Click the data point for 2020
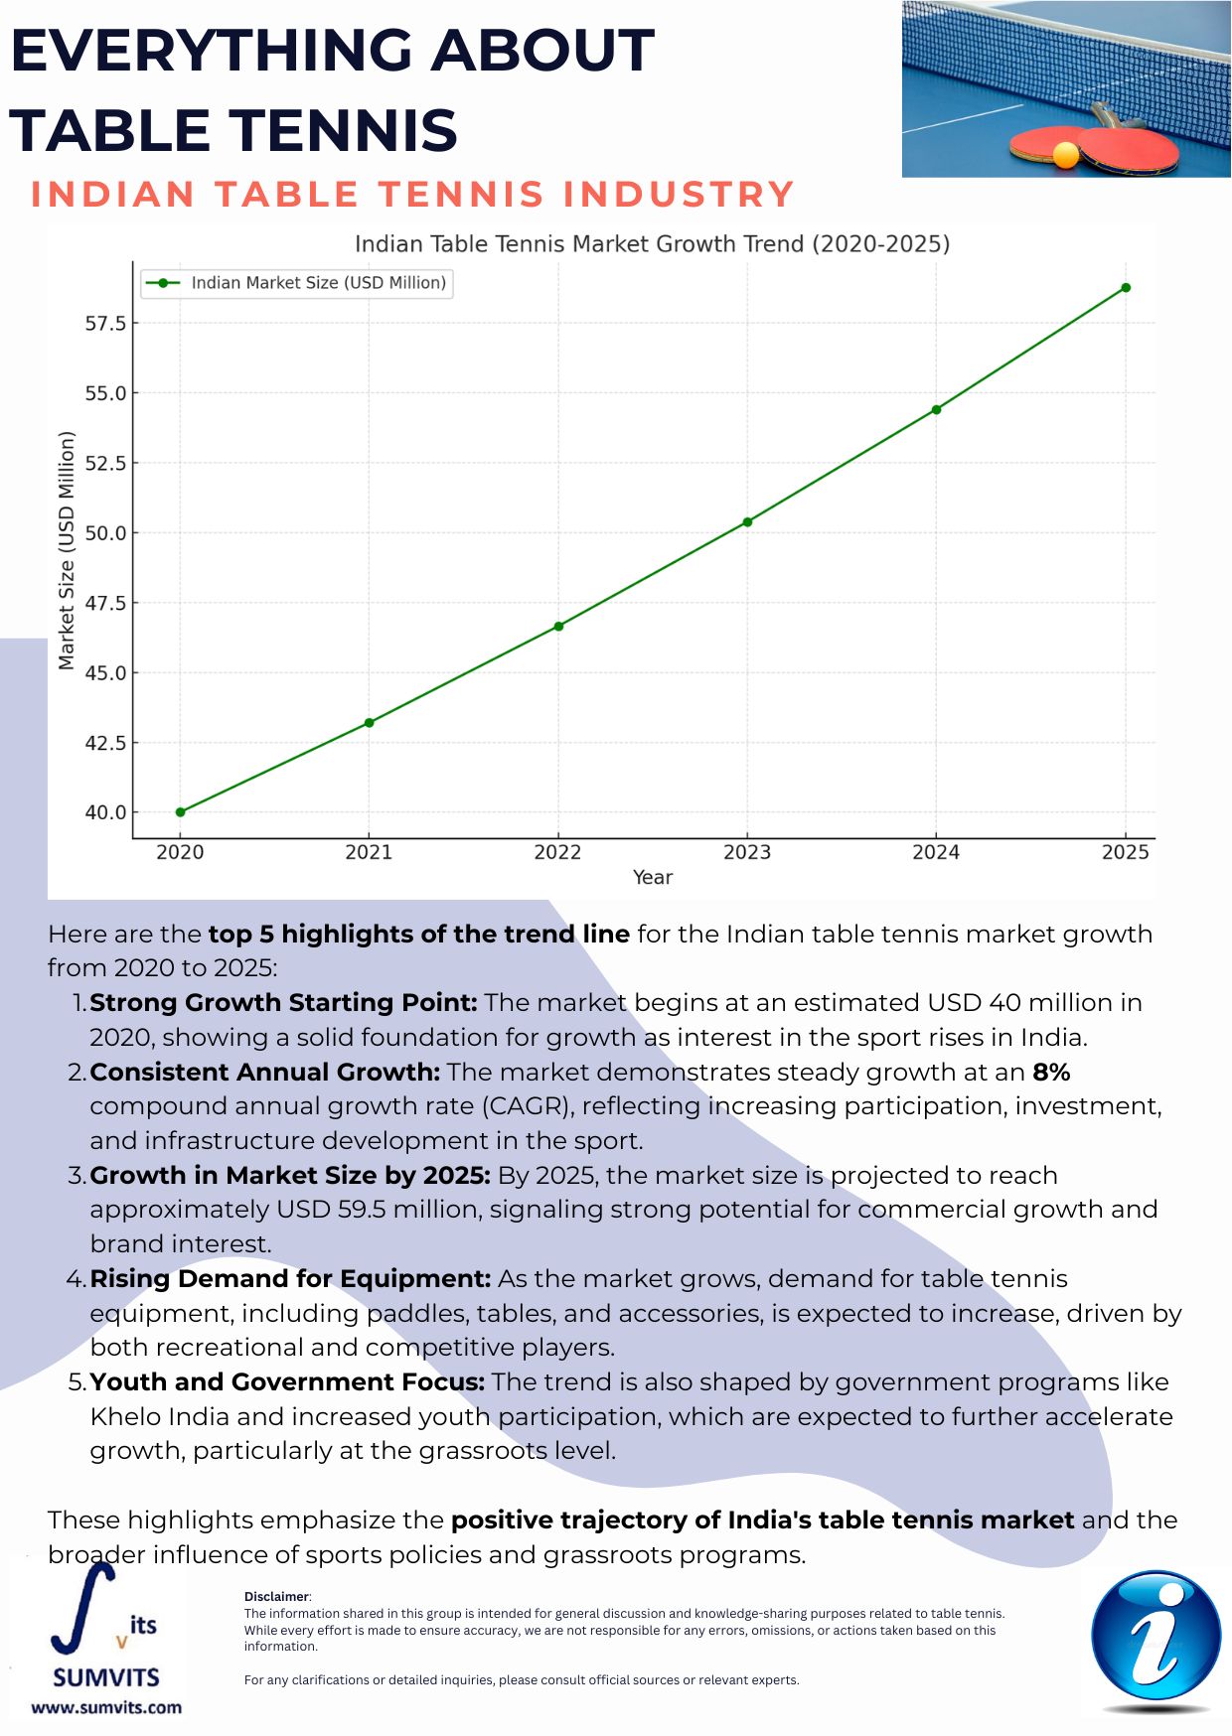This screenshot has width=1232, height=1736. tap(180, 812)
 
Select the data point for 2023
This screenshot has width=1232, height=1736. tap(747, 521)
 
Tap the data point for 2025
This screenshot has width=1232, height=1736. tap(1126, 288)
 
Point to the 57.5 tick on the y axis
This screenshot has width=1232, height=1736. tap(105, 324)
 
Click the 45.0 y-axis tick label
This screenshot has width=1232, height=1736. tap(105, 673)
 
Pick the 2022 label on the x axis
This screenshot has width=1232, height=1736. tap(557, 852)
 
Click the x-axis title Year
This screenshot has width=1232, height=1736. tap(653, 877)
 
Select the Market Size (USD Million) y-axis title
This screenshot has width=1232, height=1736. tap(67, 550)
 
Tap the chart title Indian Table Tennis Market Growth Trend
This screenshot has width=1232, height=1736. tap(652, 243)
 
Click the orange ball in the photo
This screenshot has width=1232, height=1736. tap(1066, 155)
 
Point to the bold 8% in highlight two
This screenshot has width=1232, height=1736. tap(1051, 1073)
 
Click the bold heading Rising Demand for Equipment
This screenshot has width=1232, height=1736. tap(290, 1279)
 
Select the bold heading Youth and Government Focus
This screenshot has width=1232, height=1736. tap(287, 1382)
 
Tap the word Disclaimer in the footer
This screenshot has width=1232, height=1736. tap(277, 1597)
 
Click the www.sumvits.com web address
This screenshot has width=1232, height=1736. tap(106, 1707)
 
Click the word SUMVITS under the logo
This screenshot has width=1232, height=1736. tap(106, 1677)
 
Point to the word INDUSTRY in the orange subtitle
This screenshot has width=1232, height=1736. tap(679, 195)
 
